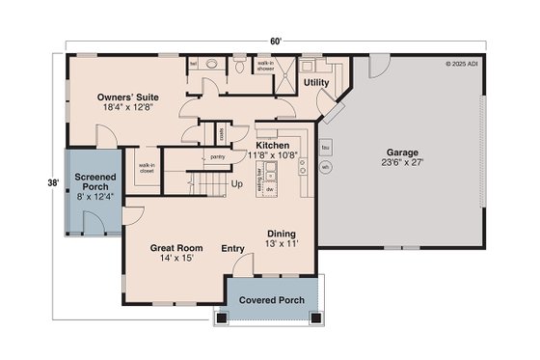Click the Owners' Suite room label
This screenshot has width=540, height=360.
tap(127, 97)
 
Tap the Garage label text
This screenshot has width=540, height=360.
tap(403, 152)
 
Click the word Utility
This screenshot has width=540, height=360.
tap(316, 84)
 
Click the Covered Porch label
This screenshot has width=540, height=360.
tap(272, 300)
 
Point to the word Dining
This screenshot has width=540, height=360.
tap(282, 233)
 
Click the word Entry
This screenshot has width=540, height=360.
tap(232, 248)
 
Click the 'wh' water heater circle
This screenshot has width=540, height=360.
tap(326, 167)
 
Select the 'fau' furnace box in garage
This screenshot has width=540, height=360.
tap(326, 148)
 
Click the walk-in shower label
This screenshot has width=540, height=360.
tap(265, 67)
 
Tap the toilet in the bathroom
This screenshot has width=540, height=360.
tap(238, 68)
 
